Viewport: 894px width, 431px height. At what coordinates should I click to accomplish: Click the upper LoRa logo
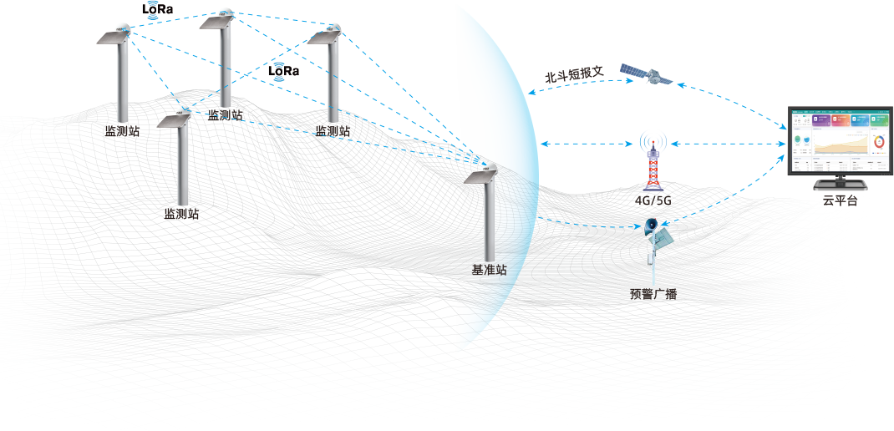tap(158, 9)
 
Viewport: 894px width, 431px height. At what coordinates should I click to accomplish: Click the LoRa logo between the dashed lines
tap(283, 72)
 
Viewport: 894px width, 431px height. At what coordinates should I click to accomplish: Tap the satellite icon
tap(646, 75)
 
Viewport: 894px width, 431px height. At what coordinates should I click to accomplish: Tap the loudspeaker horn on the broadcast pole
tap(651, 226)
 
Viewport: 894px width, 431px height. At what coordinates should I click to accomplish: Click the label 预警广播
tap(653, 294)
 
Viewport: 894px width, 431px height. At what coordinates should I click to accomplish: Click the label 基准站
tap(489, 271)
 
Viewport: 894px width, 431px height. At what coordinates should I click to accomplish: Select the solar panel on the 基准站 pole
tap(482, 177)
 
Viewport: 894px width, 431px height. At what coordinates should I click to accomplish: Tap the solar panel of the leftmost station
tap(111, 38)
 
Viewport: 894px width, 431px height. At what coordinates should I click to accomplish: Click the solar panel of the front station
tap(175, 121)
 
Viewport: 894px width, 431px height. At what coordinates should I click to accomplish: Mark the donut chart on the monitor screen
tap(878, 142)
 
